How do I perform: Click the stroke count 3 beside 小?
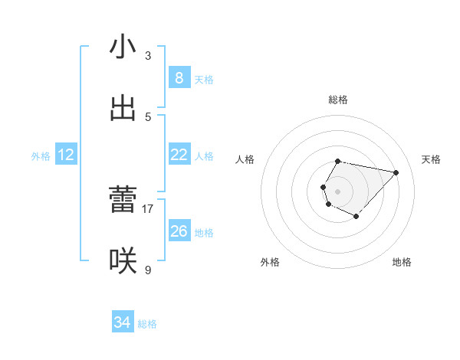tap(148, 55)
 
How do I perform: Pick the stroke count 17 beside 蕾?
tap(148, 208)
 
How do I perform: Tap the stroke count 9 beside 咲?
tap(148, 270)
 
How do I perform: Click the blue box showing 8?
tap(179, 78)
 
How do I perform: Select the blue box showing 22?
tap(179, 155)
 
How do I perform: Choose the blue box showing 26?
tap(179, 231)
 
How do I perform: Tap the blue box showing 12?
tap(66, 155)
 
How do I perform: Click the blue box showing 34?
tap(122, 322)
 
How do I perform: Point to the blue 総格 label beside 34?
tap(147, 324)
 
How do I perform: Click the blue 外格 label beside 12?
tap(41, 156)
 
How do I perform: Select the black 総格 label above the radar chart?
tap(338, 100)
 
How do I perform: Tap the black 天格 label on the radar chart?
tap(432, 159)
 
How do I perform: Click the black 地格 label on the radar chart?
tap(402, 262)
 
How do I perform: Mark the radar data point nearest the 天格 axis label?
tap(396, 172)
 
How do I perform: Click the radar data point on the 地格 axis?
tap(356, 218)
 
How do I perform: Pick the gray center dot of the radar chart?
tap(337, 191)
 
